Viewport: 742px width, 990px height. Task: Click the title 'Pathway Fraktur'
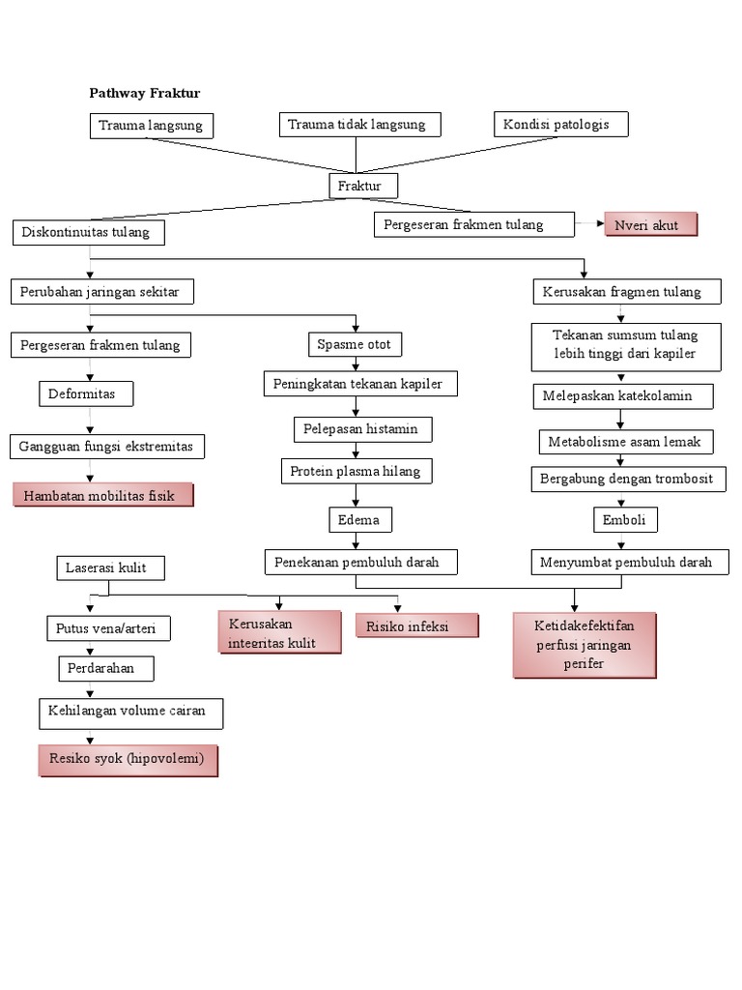click(x=144, y=93)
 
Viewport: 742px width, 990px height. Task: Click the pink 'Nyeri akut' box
click(x=650, y=225)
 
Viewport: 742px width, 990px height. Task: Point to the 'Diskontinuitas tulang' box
click(x=88, y=233)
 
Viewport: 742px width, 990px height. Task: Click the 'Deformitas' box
click(x=86, y=393)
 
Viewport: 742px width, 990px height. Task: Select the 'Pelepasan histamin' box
click(x=362, y=428)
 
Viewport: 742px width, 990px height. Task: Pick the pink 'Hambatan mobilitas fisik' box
click(x=102, y=495)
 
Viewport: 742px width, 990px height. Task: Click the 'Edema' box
click(x=358, y=520)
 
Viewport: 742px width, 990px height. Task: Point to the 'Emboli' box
click(x=625, y=520)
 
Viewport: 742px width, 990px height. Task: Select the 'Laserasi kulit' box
click(x=109, y=568)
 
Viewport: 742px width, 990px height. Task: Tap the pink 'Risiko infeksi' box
click(x=416, y=626)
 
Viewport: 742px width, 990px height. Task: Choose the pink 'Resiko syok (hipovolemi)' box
click(x=128, y=760)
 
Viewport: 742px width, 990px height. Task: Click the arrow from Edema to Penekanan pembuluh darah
click(x=357, y=541)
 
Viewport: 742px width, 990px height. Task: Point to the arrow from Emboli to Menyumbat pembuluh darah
click(x=625, y=541)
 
